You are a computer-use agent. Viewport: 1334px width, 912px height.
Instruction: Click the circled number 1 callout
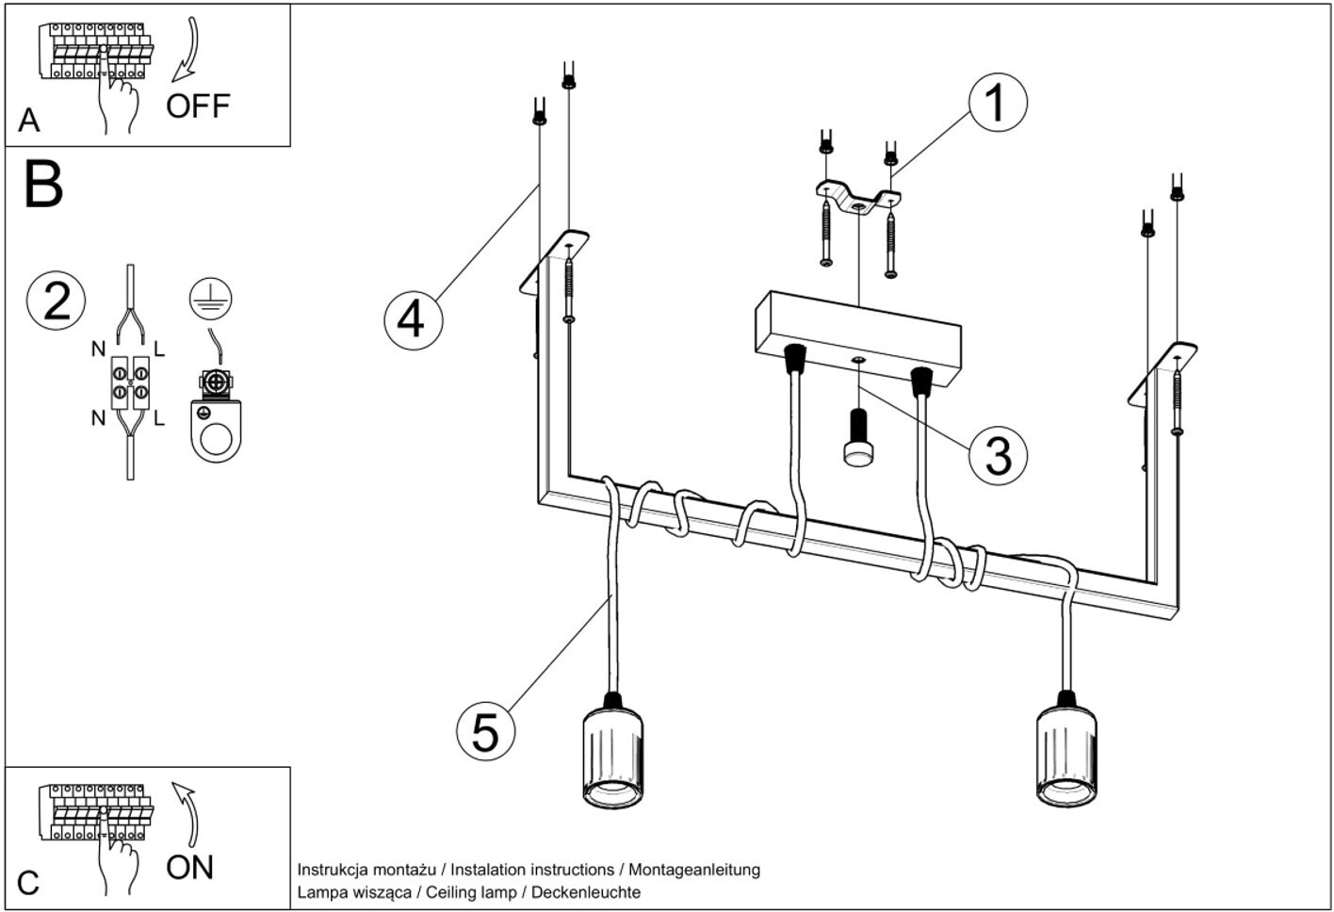click(x=998, y=103)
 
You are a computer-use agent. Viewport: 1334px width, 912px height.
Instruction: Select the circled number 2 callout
click(x=56, y=301)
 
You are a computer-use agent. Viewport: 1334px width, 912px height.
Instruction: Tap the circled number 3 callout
click(x=998, y=455)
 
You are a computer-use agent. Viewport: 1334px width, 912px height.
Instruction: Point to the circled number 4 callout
click(x=414, y=320)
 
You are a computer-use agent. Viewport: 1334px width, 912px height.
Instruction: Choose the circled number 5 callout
click(x=486, y=731)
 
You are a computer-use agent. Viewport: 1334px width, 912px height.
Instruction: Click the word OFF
click(x=198, y=106)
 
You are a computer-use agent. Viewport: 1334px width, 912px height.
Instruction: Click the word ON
click(x=189, y=868)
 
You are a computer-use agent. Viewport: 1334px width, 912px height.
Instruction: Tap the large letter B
click(x=43, y=184)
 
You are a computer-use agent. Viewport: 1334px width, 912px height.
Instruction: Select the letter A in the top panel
click(x=28, y=121)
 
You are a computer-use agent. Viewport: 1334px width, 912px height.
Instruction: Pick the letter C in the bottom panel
click(x=28, y=884)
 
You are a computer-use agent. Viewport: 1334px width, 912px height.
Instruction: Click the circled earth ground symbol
click(x=211, y=299)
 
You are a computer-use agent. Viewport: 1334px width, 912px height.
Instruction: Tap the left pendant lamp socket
click(x=612, y=751)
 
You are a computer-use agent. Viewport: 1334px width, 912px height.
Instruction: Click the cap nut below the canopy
click(x=858, y=438)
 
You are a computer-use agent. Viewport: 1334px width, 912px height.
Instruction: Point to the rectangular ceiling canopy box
click(x=858, y=338)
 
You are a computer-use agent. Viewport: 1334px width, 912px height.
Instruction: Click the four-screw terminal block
click(x=130, y=383)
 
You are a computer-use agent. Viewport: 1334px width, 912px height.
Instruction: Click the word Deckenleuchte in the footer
click(x=586, y=892)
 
